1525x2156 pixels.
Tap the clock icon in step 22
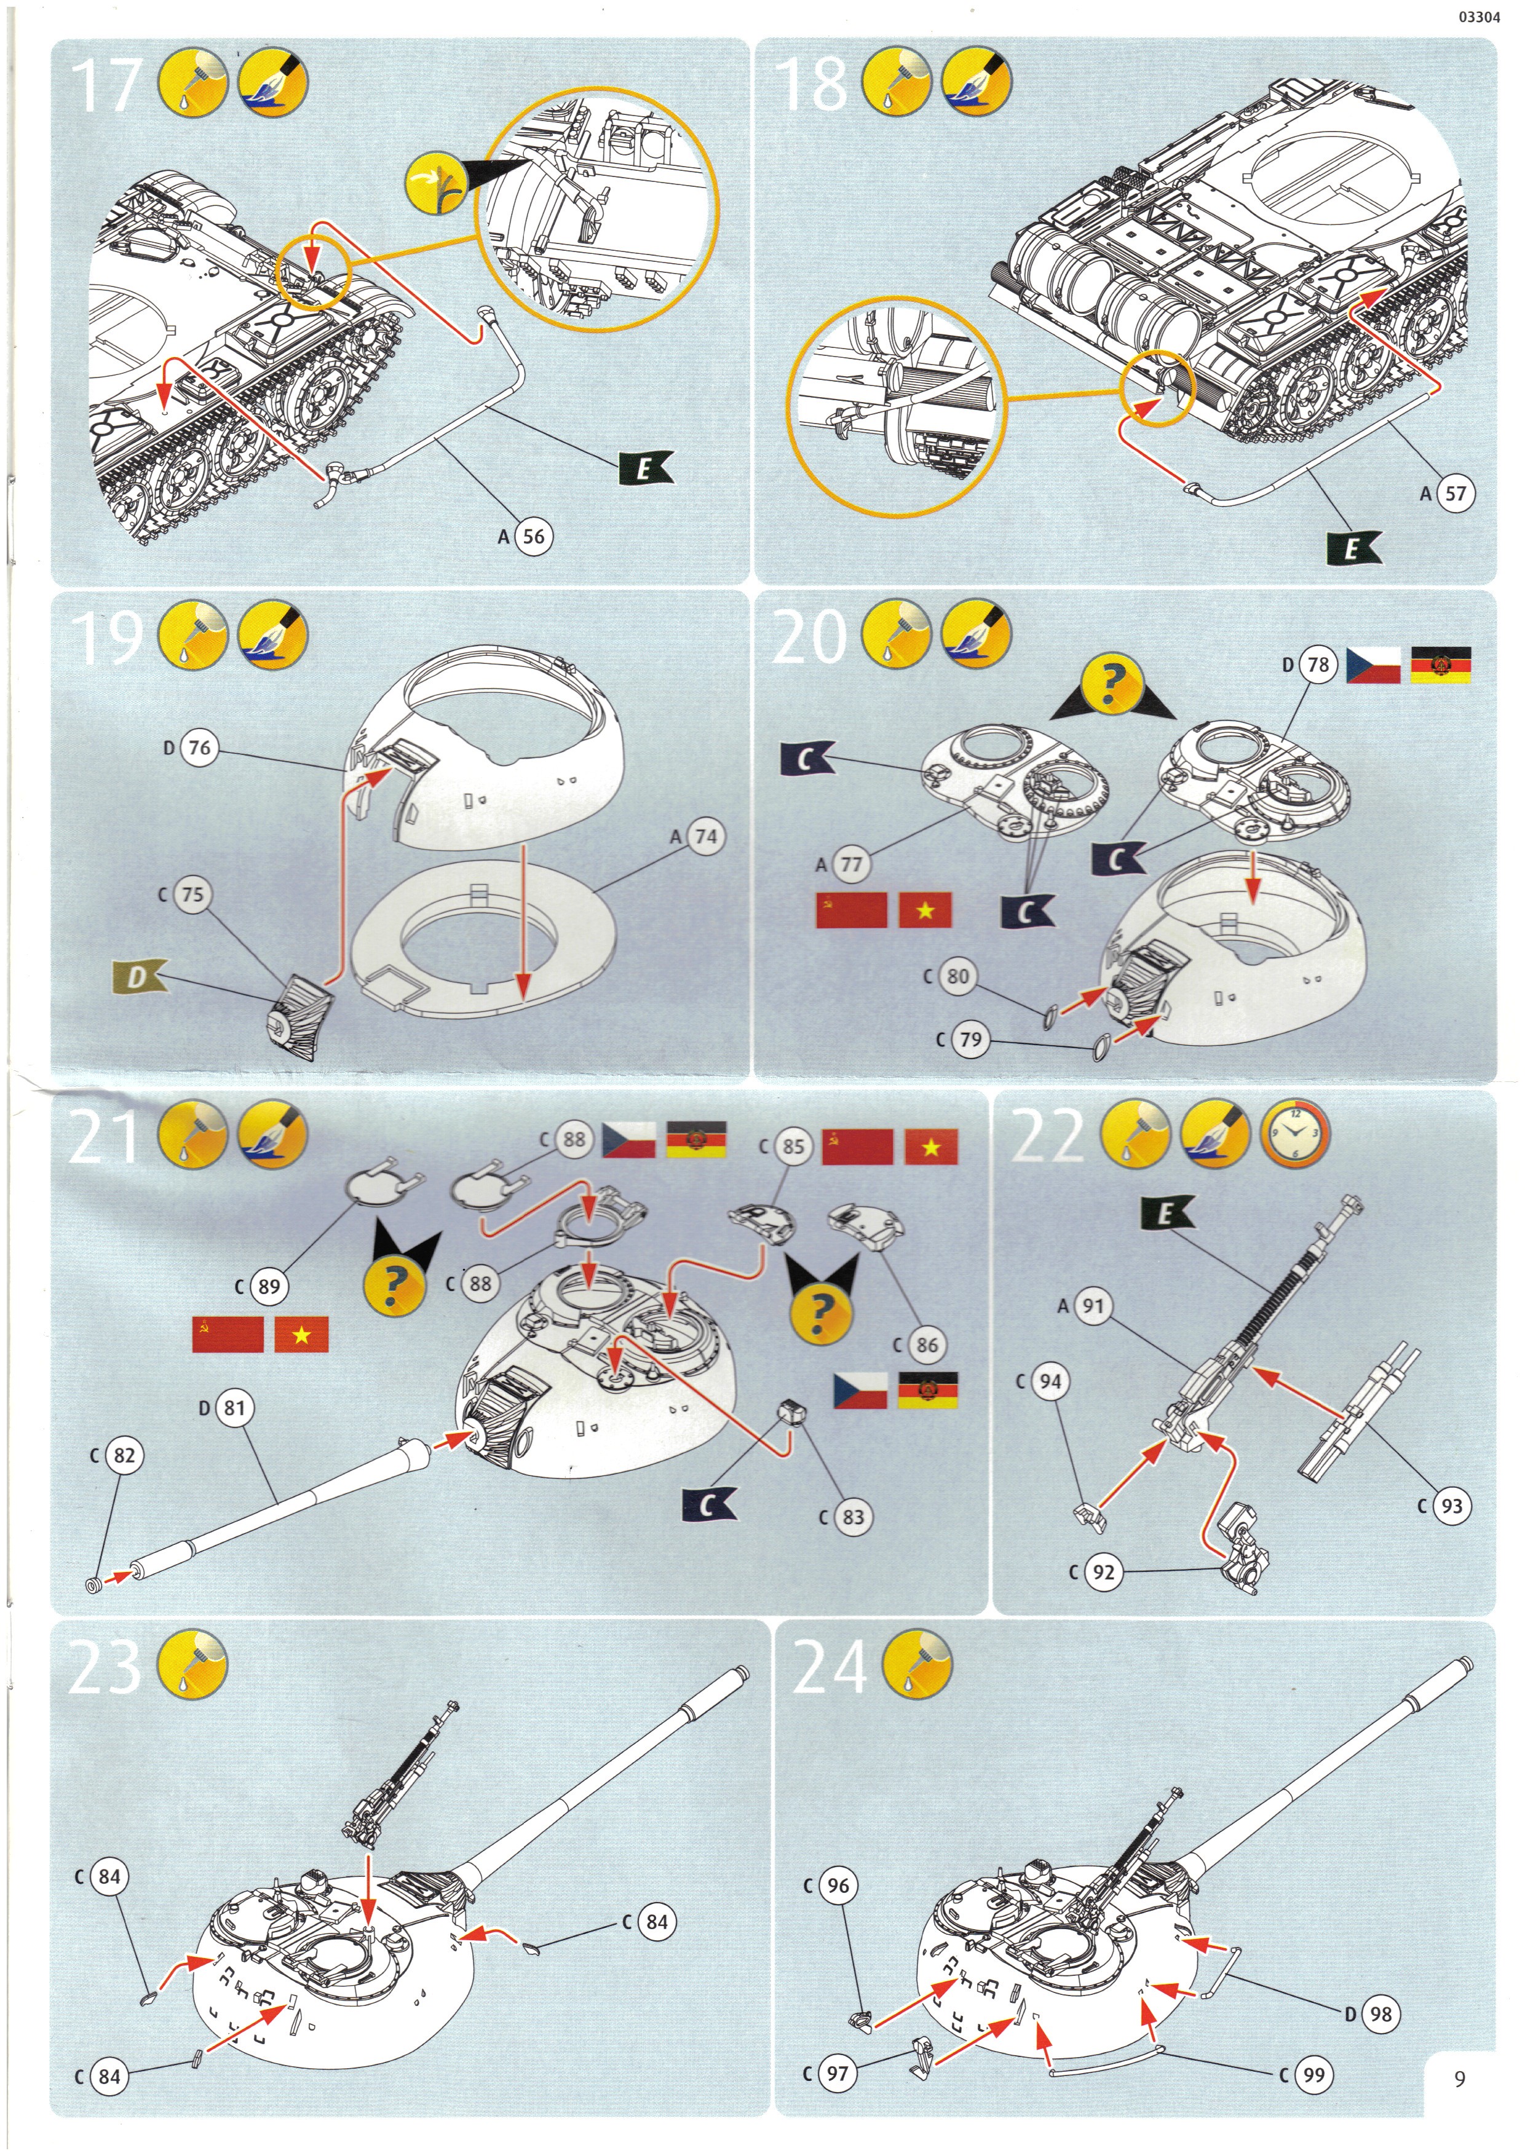(1295, 1134)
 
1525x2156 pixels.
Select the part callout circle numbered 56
(533, 536)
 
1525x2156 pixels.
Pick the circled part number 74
(705, 835)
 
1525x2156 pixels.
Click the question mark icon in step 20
(1112, 687)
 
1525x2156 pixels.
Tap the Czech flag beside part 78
(1374, 665)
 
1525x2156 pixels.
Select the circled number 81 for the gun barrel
(234, 1408)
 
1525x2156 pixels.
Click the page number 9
(1459, 2078)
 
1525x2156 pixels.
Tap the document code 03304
(1479, 17)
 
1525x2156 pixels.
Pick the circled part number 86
(926, 1345)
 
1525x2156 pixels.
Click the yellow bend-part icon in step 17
(437, 183)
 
